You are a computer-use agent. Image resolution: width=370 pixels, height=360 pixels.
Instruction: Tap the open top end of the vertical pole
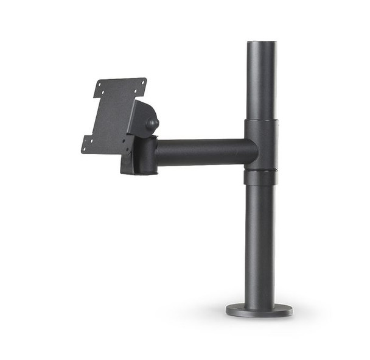coord(261,44)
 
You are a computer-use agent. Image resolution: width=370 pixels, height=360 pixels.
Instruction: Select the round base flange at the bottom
coord(259,310)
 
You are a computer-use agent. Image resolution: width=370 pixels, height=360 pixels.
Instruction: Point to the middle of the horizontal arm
coord(206,152)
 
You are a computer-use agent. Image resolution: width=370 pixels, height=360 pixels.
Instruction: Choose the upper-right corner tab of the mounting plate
coord(141,83)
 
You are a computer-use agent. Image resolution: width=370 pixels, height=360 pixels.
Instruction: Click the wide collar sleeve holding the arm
coord(261,144)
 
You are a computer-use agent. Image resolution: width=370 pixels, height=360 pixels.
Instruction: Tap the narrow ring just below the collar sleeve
coord(260,177)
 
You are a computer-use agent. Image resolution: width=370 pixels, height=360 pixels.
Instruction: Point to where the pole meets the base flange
coord(260,302)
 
